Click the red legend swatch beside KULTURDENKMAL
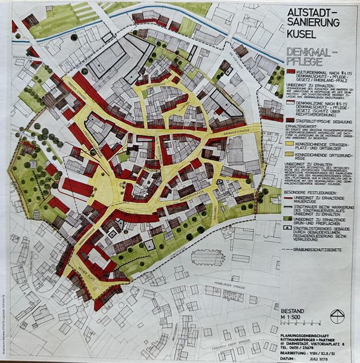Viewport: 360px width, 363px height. [x=290, y=72]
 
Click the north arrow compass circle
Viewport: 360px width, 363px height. [x=339, y=315]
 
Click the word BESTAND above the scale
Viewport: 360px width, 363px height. [x=296, y=310]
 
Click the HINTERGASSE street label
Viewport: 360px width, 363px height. [x=159, y=87]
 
